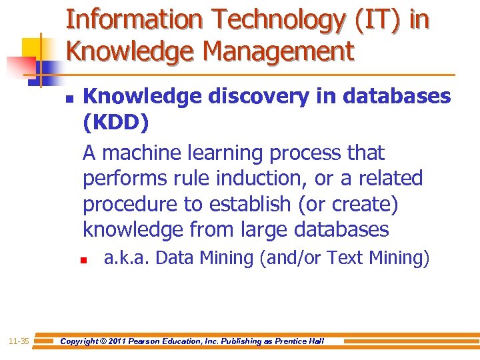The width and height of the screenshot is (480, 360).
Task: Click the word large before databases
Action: point(257,230)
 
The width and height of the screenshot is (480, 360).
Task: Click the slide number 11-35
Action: point(18,341)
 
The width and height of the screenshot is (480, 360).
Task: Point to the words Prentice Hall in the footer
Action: point(299,341)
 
